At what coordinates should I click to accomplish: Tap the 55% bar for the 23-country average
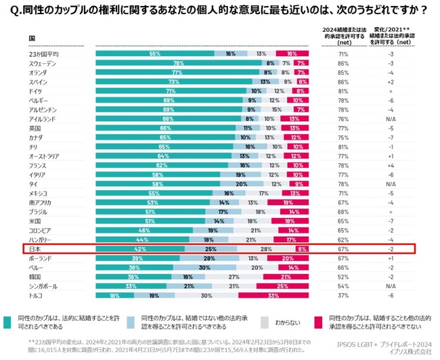(x=155, y=53)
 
